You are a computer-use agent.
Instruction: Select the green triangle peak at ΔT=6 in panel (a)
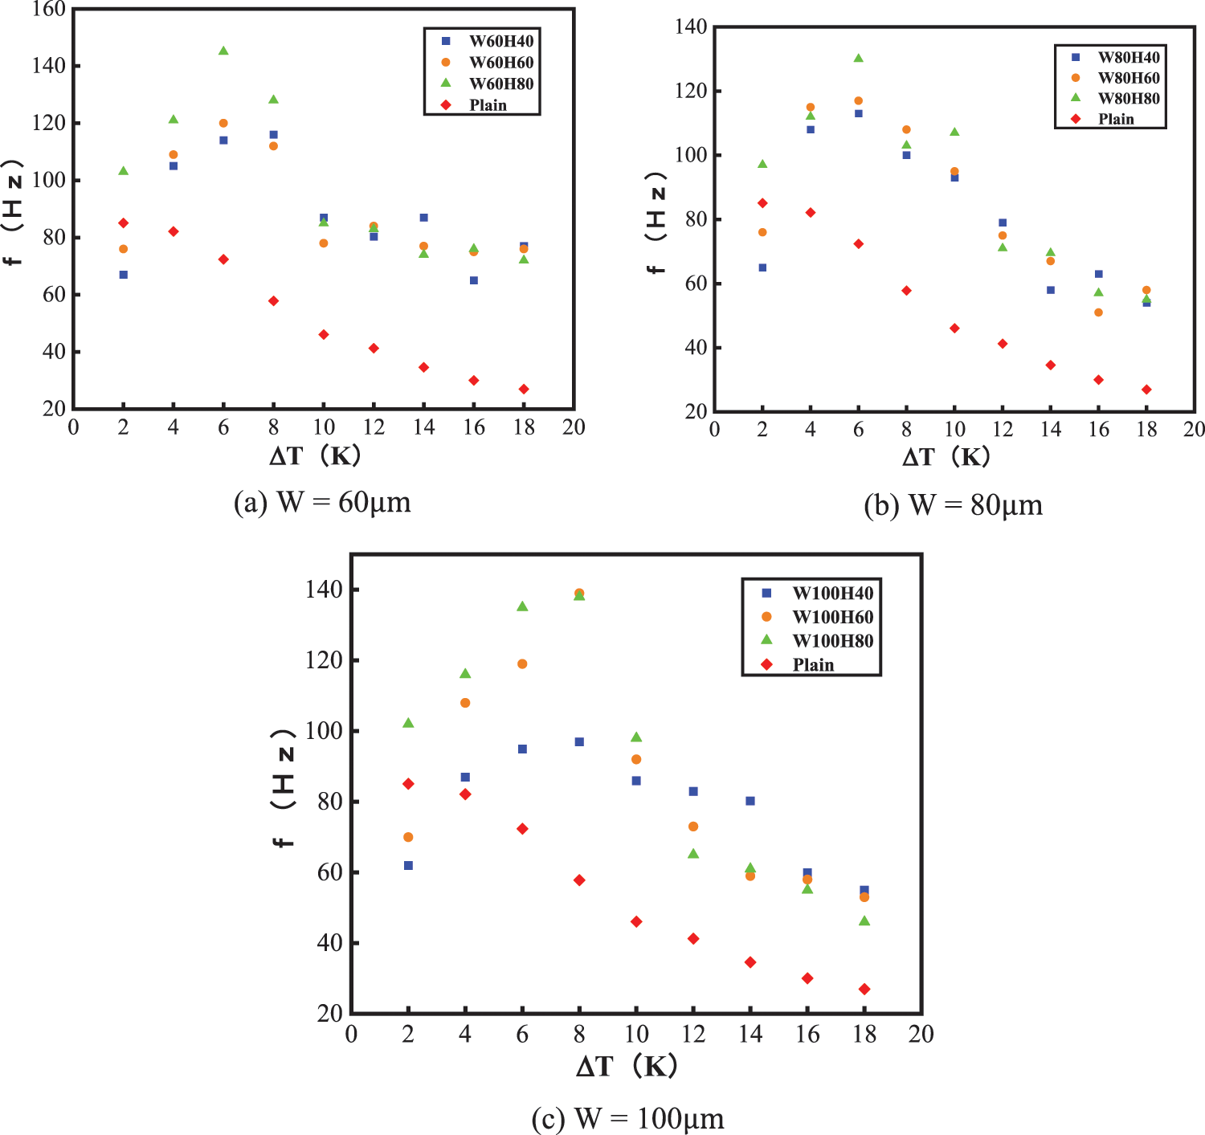tap(223, 51)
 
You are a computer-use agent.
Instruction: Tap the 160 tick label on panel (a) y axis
tap(49, 10)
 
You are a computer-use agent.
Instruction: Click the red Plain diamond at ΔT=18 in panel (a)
tap(524, 390)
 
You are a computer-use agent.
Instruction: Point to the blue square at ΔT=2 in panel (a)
tap(124, 275)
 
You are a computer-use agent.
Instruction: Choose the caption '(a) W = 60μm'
tap(322, 503)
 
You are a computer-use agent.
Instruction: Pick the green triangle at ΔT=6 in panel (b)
tap(859, 58)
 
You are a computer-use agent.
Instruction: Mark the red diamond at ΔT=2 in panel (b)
tap(762, 203)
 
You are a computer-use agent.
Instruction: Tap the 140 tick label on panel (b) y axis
tap(691, 27)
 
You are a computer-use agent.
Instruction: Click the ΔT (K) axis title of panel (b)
tap(946, 457)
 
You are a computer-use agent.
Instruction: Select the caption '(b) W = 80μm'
tap(954, 506)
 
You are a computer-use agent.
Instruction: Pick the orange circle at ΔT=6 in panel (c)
tap(522, 664)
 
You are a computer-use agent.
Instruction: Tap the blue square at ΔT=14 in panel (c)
tap(750, 801)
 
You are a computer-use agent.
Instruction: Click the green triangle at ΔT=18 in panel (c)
tap(864, 921)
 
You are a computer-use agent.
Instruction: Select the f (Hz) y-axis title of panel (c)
tap(283, 788)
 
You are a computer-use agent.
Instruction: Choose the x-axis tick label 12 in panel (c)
tap(693, 1035)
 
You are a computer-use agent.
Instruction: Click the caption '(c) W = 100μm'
tap(627, 1118)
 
